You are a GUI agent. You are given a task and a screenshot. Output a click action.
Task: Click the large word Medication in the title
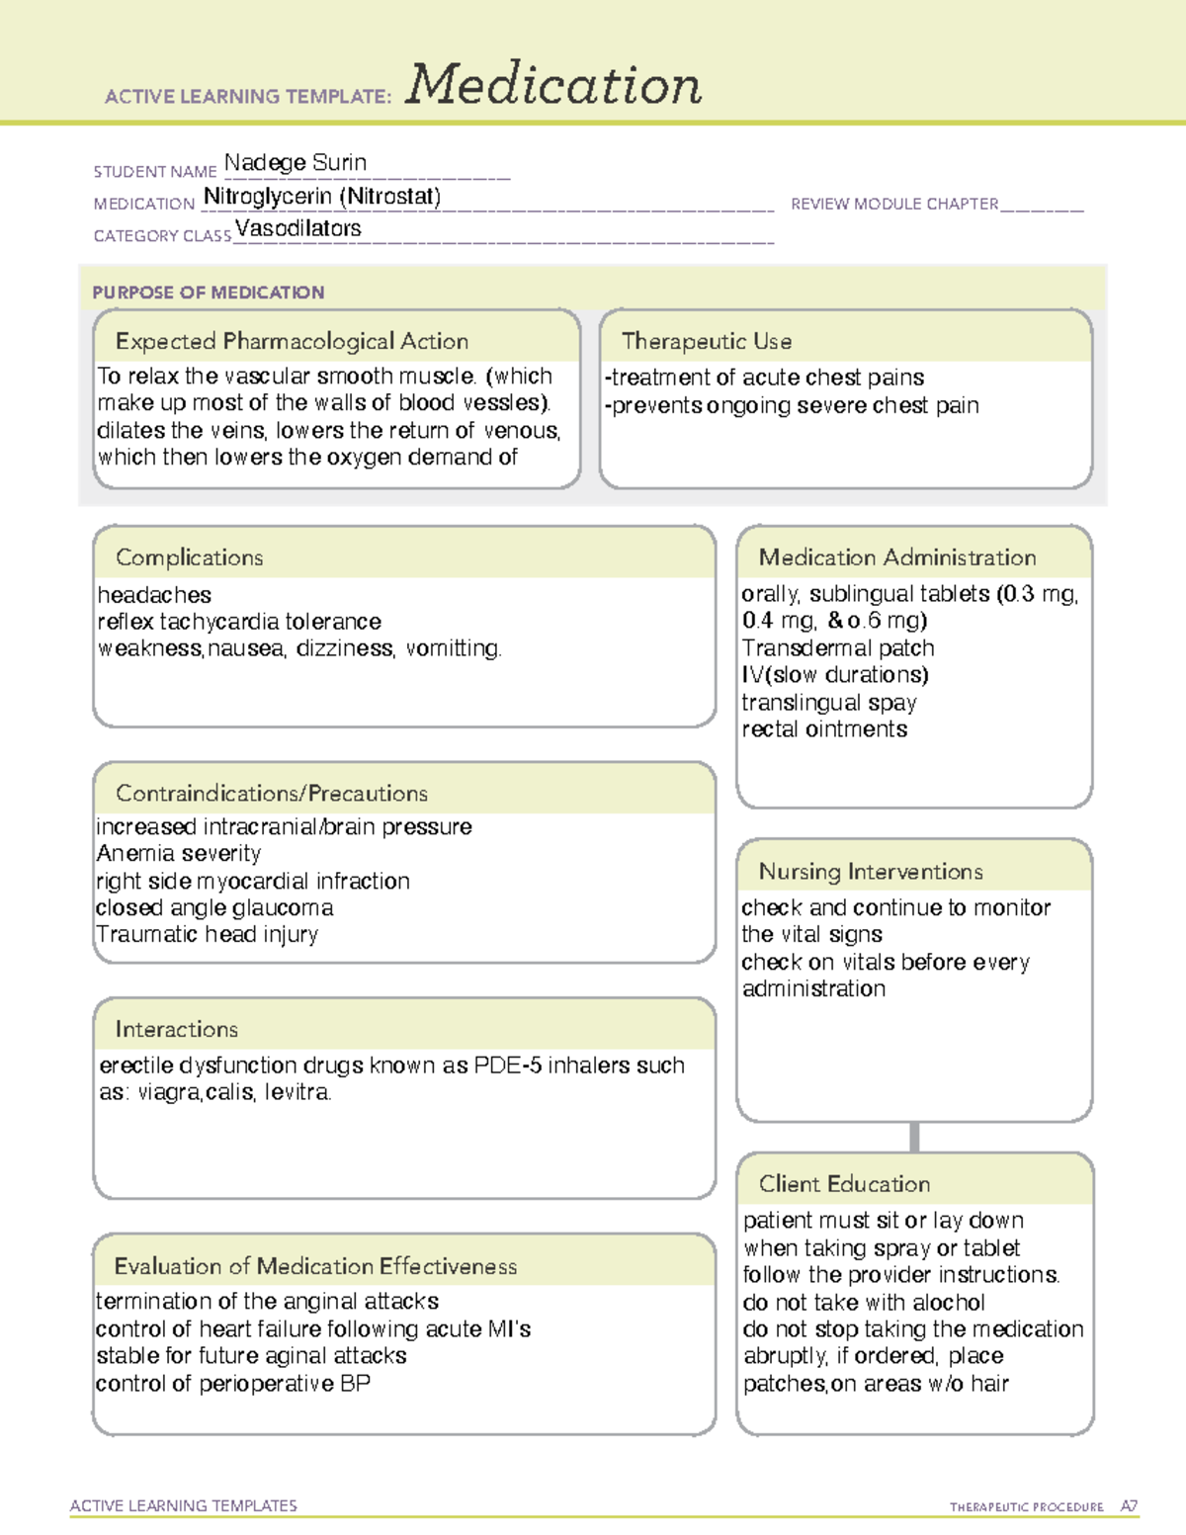click(x=553, y=85)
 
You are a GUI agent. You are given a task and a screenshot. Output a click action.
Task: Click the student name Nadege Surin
click(x=295, y=163)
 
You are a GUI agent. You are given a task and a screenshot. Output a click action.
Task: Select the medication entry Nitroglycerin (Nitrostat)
click(x=322, y=197)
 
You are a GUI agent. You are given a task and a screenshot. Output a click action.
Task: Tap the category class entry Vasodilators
click(x=297, y=228)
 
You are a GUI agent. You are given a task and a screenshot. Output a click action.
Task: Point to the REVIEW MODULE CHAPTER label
click(x=894, y=205)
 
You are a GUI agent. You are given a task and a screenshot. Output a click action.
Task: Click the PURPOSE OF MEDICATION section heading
click(x=208, y=293)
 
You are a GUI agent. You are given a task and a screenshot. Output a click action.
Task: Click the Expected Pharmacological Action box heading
click(x=292, y=341)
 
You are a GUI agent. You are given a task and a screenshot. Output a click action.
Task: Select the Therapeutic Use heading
click(x=706, y=341)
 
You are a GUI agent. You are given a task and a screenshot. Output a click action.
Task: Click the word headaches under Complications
click(x=154, y=595)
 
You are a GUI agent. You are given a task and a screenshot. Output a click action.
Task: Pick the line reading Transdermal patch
click(x=837, y=648)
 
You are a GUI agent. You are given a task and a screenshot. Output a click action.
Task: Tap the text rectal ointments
click(x=824, y=729)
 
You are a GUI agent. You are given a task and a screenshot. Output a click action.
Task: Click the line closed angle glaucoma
click(x=214, y=907)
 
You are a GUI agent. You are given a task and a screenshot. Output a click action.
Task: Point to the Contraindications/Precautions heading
click(x=271, y=793)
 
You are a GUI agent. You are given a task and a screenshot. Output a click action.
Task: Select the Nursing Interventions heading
click(x=870, y=872)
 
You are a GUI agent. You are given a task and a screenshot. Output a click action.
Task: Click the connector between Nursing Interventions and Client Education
click(x=914, y=1137)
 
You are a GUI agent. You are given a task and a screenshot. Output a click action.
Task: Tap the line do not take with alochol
click(x=864, y=1303)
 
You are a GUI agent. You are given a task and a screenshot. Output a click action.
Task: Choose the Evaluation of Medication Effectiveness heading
click(x=315, y=1266)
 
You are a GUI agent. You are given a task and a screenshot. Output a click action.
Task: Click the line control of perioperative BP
click(x=233, y=1384)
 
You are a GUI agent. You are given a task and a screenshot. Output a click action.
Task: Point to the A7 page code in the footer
click(x=1128, y=1506)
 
